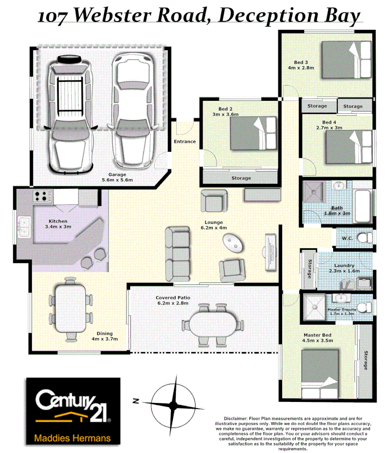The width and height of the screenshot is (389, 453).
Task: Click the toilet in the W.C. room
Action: [x=363, y=238]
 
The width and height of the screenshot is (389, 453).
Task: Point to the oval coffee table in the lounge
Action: [x=232, y=241]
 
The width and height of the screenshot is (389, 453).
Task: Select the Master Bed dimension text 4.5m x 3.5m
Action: [x=317, y=341]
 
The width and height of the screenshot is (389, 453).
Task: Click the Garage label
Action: [x=111, y=174]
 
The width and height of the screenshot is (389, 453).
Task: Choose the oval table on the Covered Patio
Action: [x=213, y=325]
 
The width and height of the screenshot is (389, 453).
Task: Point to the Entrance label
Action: [x=185, y=142]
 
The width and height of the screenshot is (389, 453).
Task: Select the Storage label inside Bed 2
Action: [x=241, y=178]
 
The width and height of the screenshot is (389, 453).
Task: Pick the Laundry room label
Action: [x=344, y=266]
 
